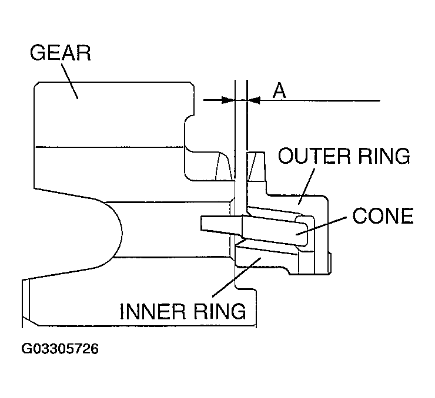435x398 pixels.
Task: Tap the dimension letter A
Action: coord(279,90)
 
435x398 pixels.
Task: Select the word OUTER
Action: coord(314,156)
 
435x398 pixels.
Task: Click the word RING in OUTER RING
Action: coord(384,156)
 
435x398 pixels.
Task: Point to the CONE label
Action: coord(383,216)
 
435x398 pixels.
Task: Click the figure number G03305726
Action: coord(60,349)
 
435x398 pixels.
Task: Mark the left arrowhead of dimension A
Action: coord(228,100)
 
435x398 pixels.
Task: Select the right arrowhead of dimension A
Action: coord(253,100)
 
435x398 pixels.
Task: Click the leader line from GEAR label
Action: coord(69,81)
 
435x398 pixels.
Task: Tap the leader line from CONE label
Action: coord(321,226)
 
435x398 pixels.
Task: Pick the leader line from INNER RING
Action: coord(237,277)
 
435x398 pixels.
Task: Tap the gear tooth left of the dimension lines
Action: coord(223,166)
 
